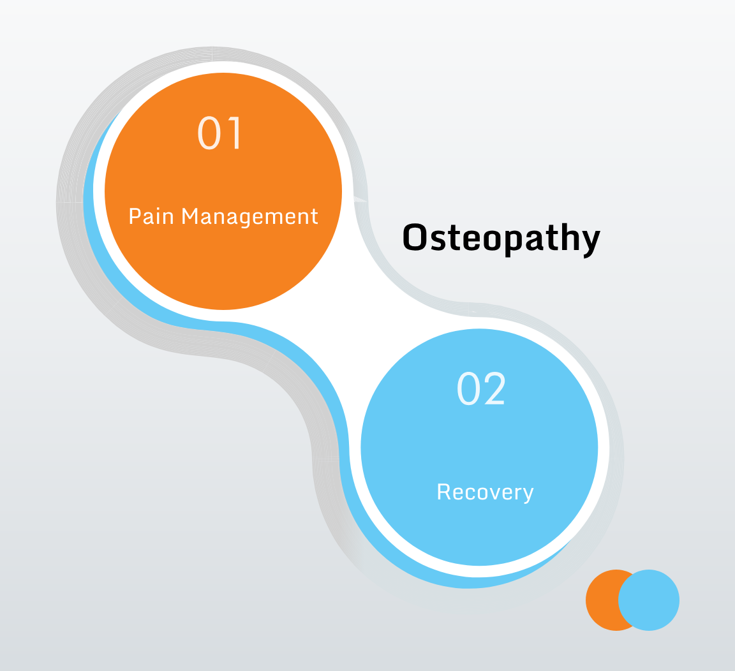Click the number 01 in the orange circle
click(x=219, y=133)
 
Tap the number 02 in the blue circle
click(x=481, y=388)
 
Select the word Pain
click(x=151, y=216)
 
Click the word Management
click(x=250, y=217)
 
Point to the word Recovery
click(x=485, y=492)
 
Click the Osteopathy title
click(x=501, y=239)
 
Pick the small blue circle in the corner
click(x=649, y=600)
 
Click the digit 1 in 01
click(x=234, y=133)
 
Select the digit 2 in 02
click(x=494, y=388)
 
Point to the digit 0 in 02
click(x=468, y=388)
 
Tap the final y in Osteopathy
click(x=589, y=242)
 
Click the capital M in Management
click(x=190, y=216)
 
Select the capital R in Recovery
click(x=444, y=492)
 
